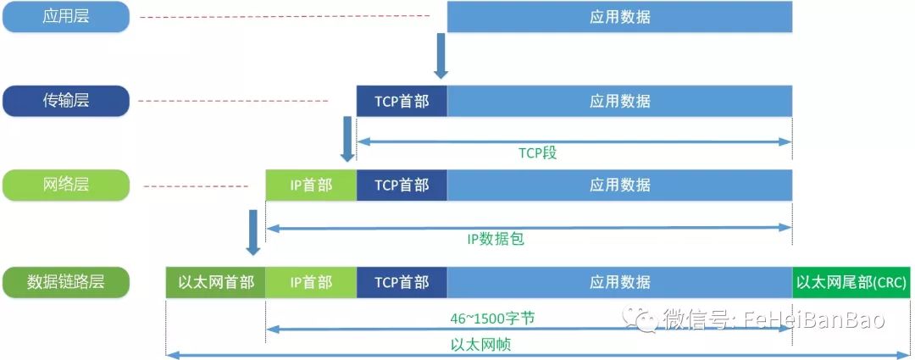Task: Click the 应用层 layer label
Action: click(65, 17)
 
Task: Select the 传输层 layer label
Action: click(65, 101)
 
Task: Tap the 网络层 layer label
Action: click(65, 185)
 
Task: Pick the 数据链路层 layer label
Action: click(65, 282)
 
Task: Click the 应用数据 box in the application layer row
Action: click(619, 17)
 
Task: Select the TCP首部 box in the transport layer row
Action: click(402, 101)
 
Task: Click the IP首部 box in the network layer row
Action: click(311, 185)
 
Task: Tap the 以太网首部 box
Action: click(216, 282)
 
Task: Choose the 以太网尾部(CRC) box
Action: click(851, 282)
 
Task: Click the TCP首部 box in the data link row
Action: click(402, 282)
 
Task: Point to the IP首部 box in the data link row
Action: click(311, 282)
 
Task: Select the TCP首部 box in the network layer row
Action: click(402, 185)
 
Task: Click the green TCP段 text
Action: click(537, 153)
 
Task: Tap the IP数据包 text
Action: click(496, 239)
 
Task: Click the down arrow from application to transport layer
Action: click(441, 56)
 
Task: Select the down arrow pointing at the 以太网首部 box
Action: click(252, 233)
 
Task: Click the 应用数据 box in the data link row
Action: click(619, 282)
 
